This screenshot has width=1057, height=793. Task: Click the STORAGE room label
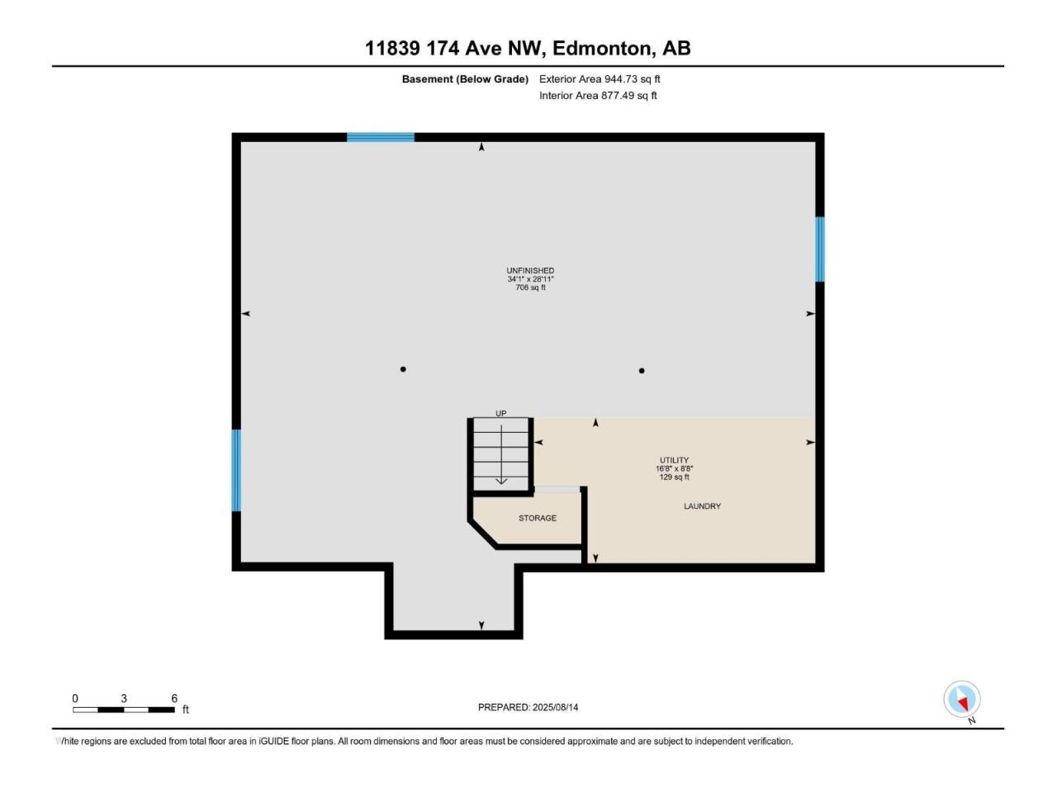(x=537, y=518)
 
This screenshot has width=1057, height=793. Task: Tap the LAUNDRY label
(x=702, y=506)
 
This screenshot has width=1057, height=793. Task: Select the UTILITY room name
(x=674, y=460)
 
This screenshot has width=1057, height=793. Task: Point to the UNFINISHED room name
(x=529, y=271)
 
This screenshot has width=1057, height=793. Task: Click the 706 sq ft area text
(x=530, y=287)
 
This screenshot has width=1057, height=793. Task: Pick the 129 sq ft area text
(x=674, y=477)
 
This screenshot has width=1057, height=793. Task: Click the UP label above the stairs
(x=500, y=413)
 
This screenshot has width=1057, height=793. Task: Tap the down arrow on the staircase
(x=500, y=454)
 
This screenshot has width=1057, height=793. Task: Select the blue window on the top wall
(x=381, y=137)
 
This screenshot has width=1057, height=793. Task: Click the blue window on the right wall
(x=819, y=249)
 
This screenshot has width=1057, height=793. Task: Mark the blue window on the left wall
(x=236, y=470)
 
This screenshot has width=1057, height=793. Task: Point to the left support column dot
(x=403, y=369)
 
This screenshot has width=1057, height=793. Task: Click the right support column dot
(x=642, y=371)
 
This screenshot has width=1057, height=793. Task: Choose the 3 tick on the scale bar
(x=124, y=698)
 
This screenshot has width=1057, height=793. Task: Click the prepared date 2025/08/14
(x=555, y=707)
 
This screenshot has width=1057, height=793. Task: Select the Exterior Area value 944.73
(x=621, y=79)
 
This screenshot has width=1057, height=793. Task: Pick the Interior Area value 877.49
(x=618, y=95)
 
